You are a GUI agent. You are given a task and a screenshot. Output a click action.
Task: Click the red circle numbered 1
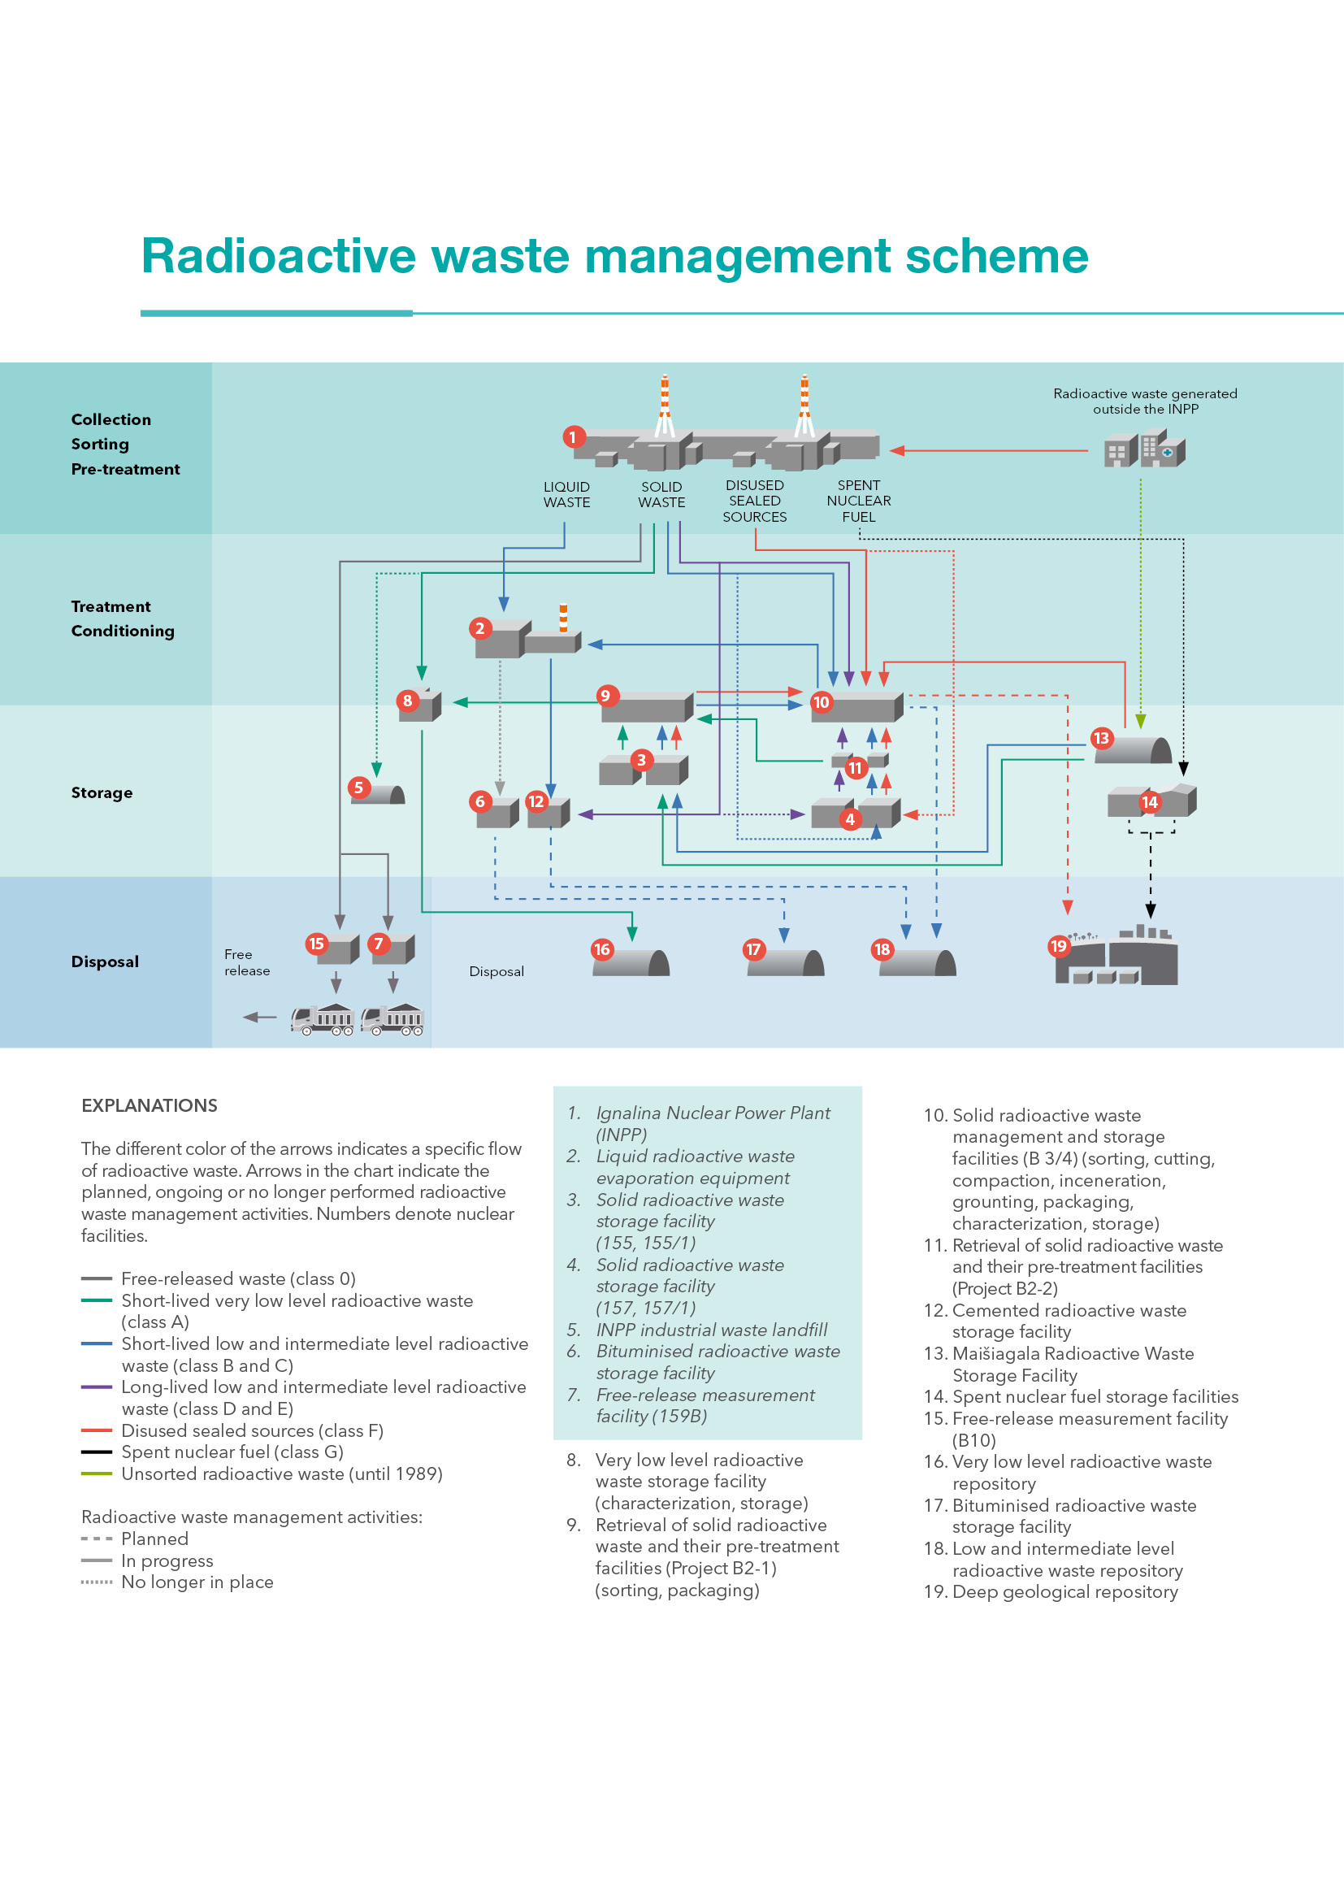(x=573, y=437)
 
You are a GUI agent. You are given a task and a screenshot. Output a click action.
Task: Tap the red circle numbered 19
(x=1059, y=945)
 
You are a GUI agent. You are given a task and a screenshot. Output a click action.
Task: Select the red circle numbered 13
(x=1101, y=738)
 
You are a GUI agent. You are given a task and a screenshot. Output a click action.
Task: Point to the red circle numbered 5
(x=358, y=788)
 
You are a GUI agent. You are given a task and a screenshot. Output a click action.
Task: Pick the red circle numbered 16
(x=601, y=949)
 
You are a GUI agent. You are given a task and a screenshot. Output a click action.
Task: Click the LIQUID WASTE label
(x=567, y=494)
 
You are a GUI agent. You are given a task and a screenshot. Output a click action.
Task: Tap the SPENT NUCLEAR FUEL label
(x=859, y=501)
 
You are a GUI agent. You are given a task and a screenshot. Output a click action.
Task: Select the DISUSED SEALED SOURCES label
(x=755, y=501)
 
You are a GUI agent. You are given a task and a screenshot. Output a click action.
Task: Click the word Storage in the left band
(x=102, y=792)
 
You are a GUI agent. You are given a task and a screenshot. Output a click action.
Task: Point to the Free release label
(x=247, y=962)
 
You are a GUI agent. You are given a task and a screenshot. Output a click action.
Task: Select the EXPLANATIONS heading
(x=149, y=1105)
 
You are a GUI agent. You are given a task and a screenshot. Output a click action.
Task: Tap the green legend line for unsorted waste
(x=96, y=1473)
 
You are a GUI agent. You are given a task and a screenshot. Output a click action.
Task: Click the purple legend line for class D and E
(x=96, y=1387)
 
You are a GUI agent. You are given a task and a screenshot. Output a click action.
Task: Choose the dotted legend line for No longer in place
(x=96, y=1582)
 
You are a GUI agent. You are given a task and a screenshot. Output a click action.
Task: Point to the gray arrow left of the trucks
(x=259, y=1017)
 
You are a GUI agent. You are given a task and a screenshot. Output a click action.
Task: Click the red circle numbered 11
(x=855, y=767)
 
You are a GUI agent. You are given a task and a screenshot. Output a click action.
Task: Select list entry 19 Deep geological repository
(x=1051, y=1592)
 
